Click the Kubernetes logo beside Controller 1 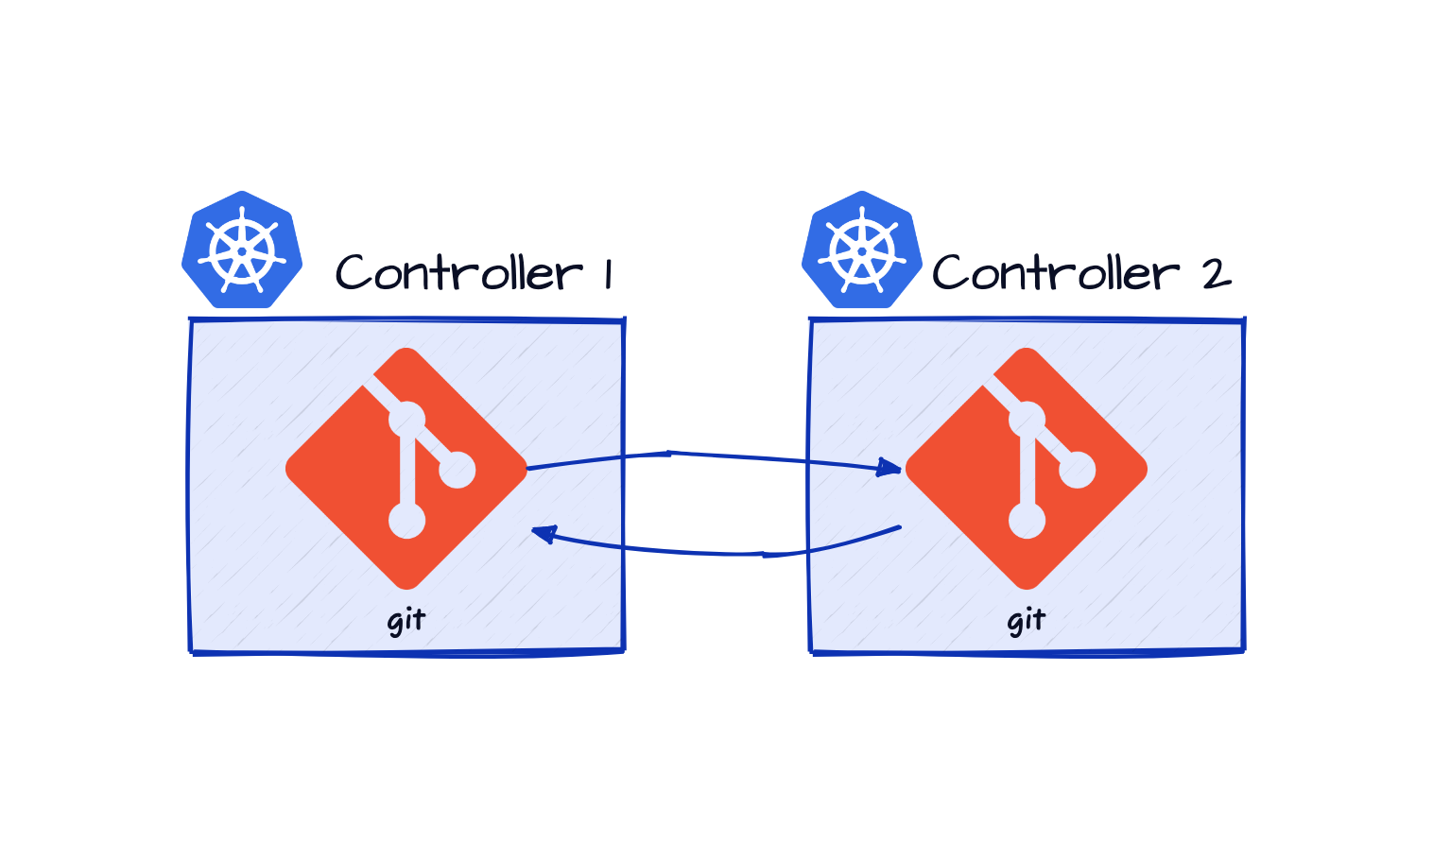point(242,250)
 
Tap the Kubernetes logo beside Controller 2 point(862,250)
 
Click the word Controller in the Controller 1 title point(458,274)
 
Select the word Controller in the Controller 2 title point(1056,274)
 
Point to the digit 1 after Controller point(609,275)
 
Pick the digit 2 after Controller point(1216,275)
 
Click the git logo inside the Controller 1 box point(406,469)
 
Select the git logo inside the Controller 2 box point(1027,469)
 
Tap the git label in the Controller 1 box point(406,621)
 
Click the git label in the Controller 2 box point(1027,621)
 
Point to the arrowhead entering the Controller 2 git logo point(890,467)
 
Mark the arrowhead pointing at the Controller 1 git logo point(542,535)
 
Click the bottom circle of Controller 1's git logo point(407,520)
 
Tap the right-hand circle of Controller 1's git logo point(458,470)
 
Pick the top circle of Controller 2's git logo point(1027,419)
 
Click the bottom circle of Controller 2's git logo point(1027,520)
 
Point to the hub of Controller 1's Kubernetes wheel point(242,251)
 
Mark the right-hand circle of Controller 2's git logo point(1078,470)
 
